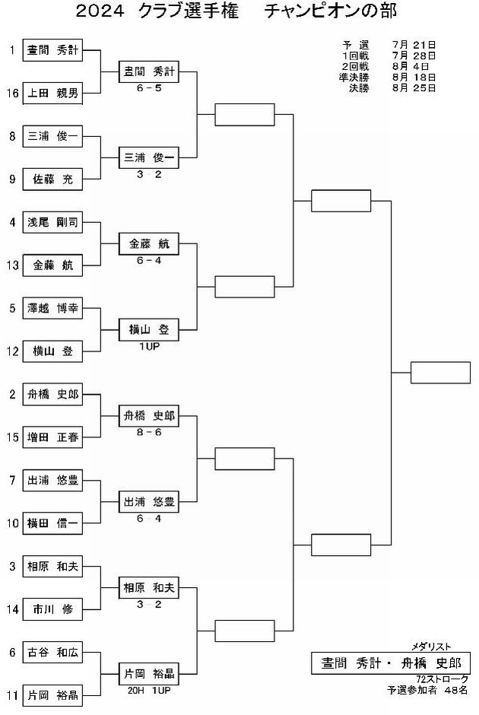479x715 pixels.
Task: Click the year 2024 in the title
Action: tap(100, 11)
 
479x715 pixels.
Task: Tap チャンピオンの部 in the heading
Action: tap(331, 11)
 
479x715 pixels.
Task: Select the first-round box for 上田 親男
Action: tap(52, 94)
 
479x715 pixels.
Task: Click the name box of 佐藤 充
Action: tap(52, 180)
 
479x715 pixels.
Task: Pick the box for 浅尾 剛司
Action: tap(52, 223)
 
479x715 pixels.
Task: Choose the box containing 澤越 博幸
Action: tap(52, 308)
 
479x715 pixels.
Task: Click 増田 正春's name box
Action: tap(52, 437)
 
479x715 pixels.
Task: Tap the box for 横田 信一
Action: tap(52, 523)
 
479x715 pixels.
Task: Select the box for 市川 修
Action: tap(52, 609)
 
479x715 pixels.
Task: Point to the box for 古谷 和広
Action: tap(52, 653)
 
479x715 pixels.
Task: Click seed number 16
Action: tap(12, 94)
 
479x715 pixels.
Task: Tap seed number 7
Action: tap(12, 480)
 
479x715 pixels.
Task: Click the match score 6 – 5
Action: tap(149, 88)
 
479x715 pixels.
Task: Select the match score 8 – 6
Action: tap(149, 432)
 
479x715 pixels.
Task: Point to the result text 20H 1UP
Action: tap(149, 691)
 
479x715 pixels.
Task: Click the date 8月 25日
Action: tap(414, 88)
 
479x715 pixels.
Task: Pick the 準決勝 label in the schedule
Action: tap(354, 78)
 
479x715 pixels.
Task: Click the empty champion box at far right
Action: tap(440, 373)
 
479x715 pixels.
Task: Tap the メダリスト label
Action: tap(431, 647)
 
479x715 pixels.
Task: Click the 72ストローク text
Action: tap(442, 679)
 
